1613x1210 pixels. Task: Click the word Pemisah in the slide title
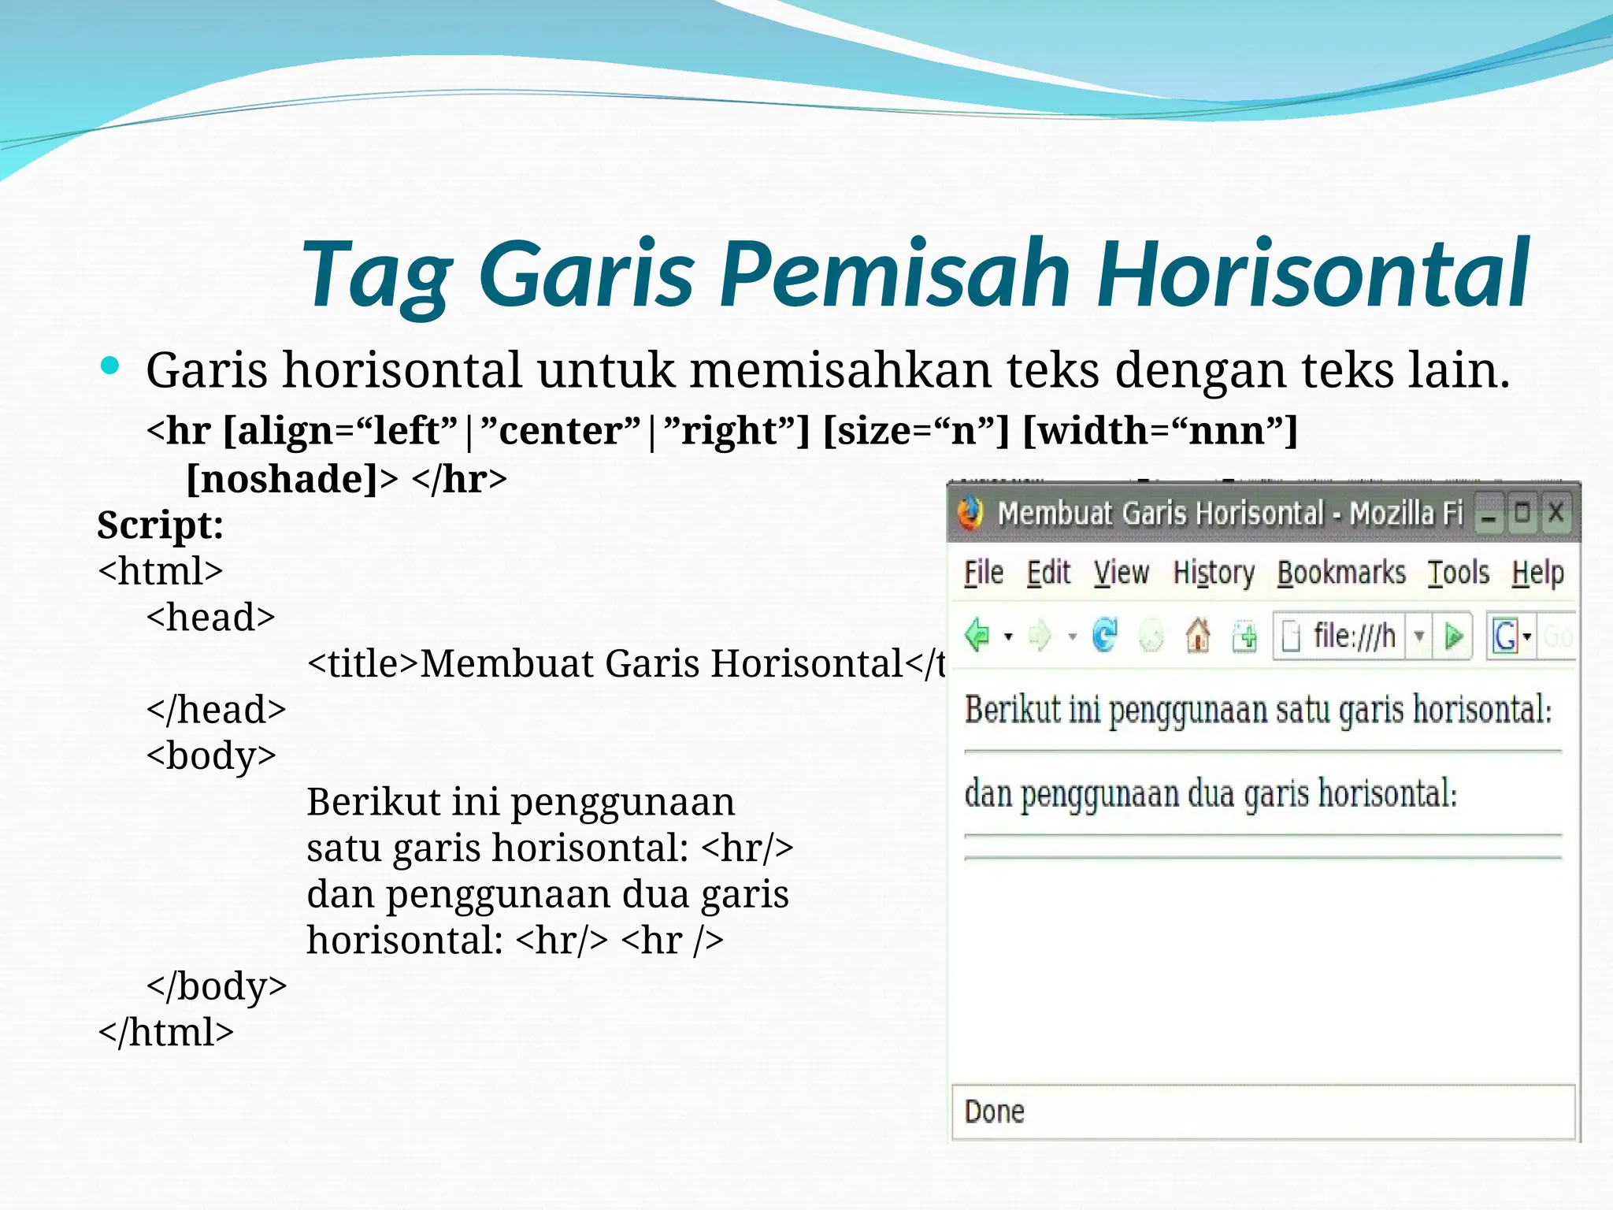[894, 273]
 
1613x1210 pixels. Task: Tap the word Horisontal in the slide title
[1313, 273]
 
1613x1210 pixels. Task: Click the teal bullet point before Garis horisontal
[110, 366]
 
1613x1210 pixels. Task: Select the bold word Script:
[161, 525]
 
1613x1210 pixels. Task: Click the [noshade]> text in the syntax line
[291, 479]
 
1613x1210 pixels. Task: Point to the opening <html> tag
[161, 570]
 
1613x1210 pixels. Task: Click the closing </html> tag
[165, 1032]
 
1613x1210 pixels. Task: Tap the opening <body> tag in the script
[211, 755]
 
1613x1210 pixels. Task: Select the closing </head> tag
[216, 710]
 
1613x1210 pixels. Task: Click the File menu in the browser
[984, 573]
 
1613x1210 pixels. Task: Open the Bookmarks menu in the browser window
[1340, 573]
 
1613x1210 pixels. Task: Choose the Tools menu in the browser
[1459, 573]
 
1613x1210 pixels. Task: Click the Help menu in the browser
[1537, 573]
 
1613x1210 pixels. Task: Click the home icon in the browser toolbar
[1198, 635]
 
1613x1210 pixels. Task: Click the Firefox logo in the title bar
[970, 514]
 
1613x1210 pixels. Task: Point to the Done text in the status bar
[994, 1112]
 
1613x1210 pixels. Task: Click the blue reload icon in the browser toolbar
[1104, 635]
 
